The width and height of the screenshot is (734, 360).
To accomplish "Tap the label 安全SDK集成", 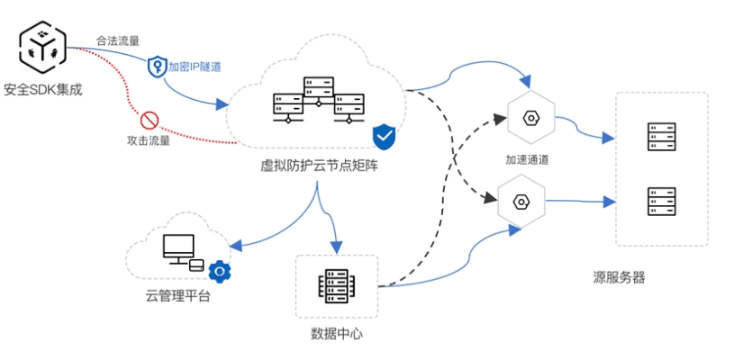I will click(42, 88).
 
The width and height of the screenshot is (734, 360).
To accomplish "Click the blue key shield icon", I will click(158, 67).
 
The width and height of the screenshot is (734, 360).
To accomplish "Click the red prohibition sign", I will click(150, 119).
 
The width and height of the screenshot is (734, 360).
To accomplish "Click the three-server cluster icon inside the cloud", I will click(317, 101).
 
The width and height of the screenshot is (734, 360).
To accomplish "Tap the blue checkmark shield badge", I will click(385, 137).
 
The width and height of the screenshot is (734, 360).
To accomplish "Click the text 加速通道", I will click(527, 159).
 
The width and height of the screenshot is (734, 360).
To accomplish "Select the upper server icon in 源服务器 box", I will click(661, 137).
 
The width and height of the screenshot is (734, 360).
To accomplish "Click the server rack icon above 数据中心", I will click(336, 286).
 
